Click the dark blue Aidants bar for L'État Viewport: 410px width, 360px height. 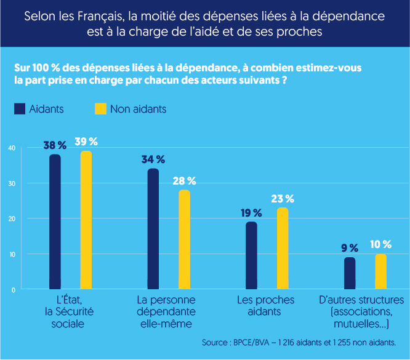(x=55, y=222)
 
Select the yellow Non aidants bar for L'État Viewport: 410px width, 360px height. (x=86, y=220)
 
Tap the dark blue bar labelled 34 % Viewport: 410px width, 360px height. (x=153, y=228)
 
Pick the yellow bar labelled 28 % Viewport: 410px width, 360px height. (x=184, y=239)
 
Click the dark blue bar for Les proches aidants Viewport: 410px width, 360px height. (x=251, y=255)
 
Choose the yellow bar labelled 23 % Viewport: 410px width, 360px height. (x=282, y=248)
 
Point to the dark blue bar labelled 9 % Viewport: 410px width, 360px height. (x=350, y=273)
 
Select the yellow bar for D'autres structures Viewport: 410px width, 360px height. (x=380, y=271)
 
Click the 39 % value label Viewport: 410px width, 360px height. (x=86, y=142)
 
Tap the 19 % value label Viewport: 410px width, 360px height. (x=251, y=213)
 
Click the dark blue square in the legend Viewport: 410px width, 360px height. (x=19, y=109)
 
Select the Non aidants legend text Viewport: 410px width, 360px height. (x=139, y=109)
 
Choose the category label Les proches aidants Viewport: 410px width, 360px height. (x=266, y=306)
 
